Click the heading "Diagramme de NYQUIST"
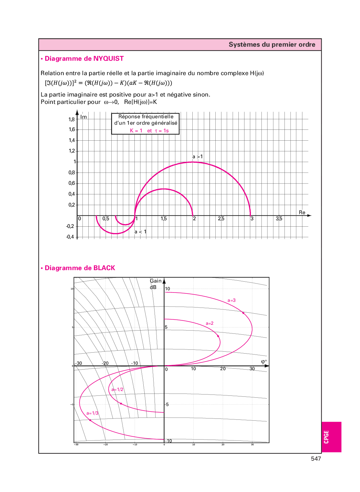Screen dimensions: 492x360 (84, 59)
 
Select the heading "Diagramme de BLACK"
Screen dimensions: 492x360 (80, 268)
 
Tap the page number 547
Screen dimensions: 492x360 (316, 459)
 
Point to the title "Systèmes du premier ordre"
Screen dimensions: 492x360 (272, 44)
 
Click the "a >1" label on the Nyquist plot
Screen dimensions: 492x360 (197, 157)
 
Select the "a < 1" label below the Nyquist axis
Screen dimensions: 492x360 (140, 232)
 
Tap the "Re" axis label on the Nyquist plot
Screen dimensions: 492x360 (302, 212)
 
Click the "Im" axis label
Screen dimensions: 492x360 (84, 117)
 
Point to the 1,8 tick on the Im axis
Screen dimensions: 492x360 (71, 119)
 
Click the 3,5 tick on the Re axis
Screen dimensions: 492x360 (279, 219)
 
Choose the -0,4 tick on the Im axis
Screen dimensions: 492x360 (70, 237)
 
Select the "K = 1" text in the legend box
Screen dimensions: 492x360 (136, 130)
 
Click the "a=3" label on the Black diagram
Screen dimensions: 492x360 (231, 300)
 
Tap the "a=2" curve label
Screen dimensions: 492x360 (209, 323)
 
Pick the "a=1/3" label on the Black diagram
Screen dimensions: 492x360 (92, 413)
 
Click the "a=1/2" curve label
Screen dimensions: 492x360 (117, 389)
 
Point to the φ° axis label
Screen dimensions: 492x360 (264, 362)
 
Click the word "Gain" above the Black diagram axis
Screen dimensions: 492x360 (156, 281)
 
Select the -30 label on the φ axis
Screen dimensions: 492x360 (78, 363)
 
